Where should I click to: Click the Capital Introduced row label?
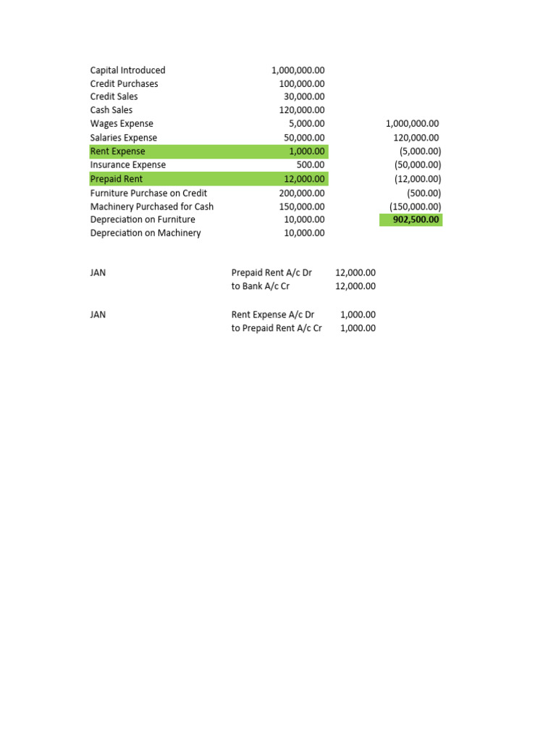coord(127,70)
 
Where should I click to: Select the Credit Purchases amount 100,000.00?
coord(302,84)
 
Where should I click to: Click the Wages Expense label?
coord(122,124)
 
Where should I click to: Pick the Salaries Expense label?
coord(123,138)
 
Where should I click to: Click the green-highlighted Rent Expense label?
coord(117,151)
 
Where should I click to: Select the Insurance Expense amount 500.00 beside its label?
coord(311,165)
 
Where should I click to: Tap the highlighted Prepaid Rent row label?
coord(117,179)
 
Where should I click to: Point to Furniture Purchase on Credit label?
coord(148,193)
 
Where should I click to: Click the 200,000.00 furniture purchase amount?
coord(302,193)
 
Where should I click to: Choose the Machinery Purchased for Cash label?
coord(152,207)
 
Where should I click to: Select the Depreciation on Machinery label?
coord(146,233)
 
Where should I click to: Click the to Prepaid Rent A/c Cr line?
coord(277,328)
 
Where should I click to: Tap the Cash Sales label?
coord(111,110)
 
